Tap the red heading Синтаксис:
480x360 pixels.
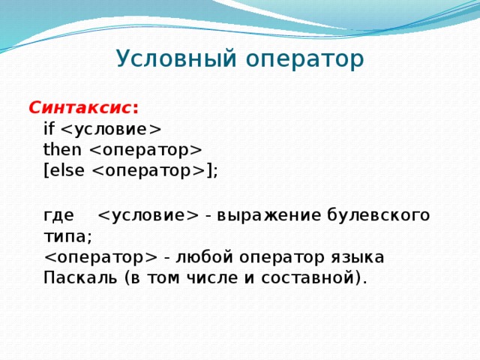83,106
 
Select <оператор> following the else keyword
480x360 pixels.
149,170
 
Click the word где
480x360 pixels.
58,216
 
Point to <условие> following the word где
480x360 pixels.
148,216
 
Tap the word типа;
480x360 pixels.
67,237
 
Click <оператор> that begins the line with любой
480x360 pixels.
100,258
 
